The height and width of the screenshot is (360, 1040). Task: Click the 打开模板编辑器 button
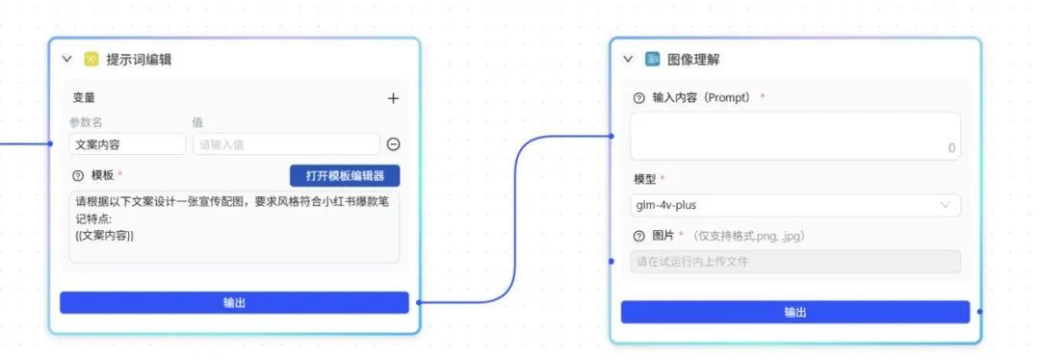pyautogui.click(x=344, y=176)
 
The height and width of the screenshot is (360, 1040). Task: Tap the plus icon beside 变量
pyautogui.click(x=393, y=98)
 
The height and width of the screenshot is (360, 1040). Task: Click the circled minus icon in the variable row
pyautogui.click(x=393, y=144)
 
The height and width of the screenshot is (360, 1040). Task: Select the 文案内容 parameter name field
pyautogui.click(x=127, y=144)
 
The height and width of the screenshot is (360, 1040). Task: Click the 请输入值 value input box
pyautogui.click(x=285, y=144)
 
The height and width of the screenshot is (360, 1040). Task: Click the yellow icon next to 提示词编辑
pyautogui.click(x=91, y=59)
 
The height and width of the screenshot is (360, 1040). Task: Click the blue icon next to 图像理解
pyautogui.click(x=653, y=59)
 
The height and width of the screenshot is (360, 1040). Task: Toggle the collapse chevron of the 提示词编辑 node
pyautogui.click(x=67, y=59)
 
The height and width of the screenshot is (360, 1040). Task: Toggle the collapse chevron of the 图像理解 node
pyautogui.click(x=628, y=59)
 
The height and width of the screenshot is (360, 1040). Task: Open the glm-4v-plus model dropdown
pyautogui.click(x=795, y=205)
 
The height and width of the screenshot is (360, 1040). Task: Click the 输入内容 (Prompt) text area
pyautogui.click(x=795, y=135)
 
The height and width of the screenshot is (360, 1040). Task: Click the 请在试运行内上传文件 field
pyautogui.click(x=795, y=262)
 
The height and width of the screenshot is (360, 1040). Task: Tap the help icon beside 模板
pyautogui.click(x=77, y=176)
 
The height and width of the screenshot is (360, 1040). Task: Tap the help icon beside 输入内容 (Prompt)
pyautogui.click(x=638, y=98)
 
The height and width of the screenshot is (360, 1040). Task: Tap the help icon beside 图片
pyautogui.click(x=638, y=237)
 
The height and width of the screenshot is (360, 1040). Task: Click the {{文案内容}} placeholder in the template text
pyautogui.click(x=104, y=235)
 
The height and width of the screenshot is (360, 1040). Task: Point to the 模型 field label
pyautogui.click(x=644, y=180)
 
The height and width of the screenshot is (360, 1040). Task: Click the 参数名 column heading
pyautogui.click(x=85, y=122)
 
